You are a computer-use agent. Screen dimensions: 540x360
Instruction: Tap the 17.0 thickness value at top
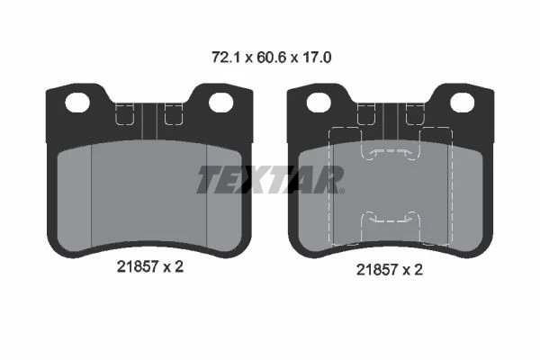[x=317, y=58]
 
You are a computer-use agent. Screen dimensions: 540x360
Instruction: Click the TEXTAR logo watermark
[x=269, y=179]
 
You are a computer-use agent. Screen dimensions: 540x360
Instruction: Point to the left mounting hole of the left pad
[x=77, y=103]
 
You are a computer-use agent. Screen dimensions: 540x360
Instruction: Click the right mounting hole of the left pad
[x=221, y=103]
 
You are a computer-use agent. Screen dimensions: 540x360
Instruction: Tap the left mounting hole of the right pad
[x=319, y=103]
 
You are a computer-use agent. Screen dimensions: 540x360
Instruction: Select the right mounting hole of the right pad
[x=463, y=103]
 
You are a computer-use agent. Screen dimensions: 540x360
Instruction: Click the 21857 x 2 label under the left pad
[x=149, y=266]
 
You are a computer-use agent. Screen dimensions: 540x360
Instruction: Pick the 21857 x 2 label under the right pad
[x=389, y=269]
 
